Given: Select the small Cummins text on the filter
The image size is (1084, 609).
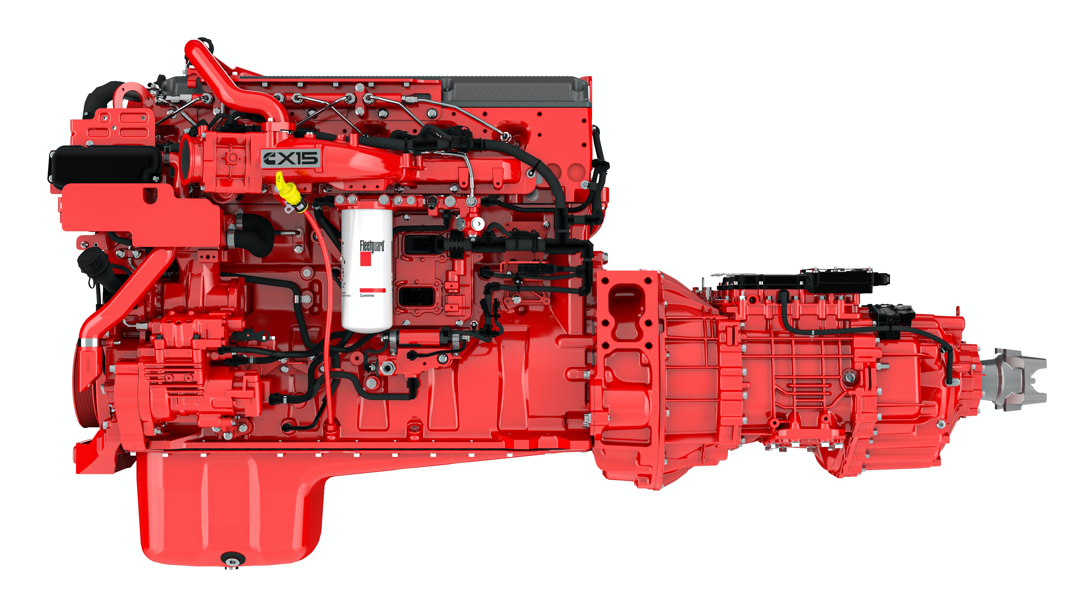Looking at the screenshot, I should [x=367, y=295].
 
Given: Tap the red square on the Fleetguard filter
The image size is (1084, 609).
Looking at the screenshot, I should [x=365, y=259].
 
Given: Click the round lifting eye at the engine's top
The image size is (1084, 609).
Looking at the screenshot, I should [x=132, y=97].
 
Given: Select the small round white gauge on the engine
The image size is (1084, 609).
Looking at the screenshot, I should [x=478, y=224].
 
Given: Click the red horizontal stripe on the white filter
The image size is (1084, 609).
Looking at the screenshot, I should [x=372, y=290].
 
